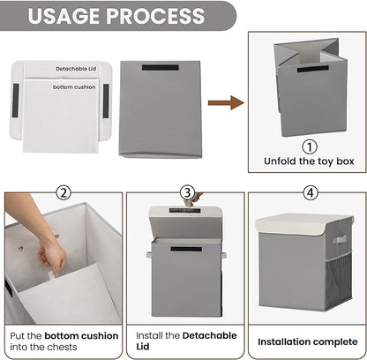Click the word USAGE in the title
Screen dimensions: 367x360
(64, 16)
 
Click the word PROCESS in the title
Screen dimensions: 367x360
(155, 16)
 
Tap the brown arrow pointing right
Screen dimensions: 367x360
(226, 102)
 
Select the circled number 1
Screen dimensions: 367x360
(310, 146)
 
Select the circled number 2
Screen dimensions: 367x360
(64, 193)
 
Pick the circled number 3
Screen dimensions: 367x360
(187, 193)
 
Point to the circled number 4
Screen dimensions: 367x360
(311, 193)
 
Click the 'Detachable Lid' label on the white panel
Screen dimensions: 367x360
(76, 69)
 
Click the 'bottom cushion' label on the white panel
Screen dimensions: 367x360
(74, 87)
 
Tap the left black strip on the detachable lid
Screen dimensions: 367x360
(16, 101)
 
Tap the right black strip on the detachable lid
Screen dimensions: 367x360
(106, 101)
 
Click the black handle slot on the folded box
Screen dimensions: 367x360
(161, 67)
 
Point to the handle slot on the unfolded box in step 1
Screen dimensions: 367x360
(313, 69)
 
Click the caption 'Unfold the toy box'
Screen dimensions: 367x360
(309, 161)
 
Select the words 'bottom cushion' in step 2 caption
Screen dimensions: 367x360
(81, 336)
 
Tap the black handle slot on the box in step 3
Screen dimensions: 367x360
(186, 249)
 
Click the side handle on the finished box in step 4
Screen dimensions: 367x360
(340, 239)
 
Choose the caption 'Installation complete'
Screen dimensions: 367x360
(308, 341)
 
